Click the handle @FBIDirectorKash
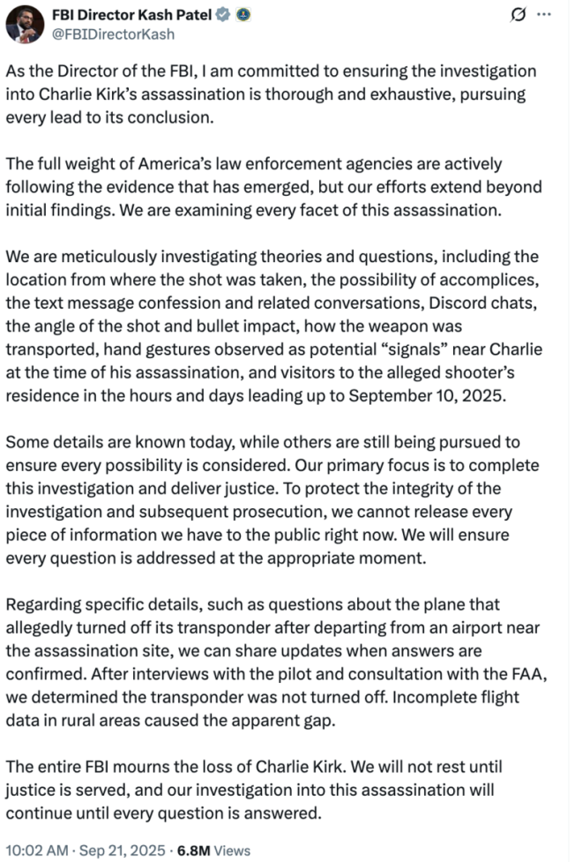(114, 34)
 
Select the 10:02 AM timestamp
(36, 851)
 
